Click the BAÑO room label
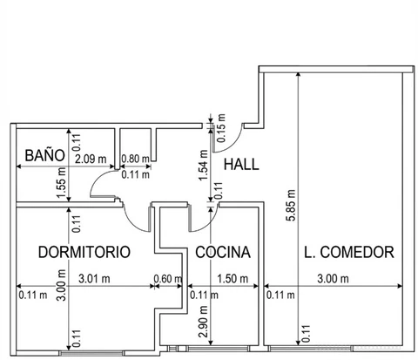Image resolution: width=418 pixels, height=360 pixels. (x=44, y=155)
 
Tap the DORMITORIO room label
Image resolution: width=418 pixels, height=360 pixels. (x=84, y=252)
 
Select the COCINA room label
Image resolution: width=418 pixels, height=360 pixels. (x=223, y=252)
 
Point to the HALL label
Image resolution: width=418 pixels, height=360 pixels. (x=241, y=164)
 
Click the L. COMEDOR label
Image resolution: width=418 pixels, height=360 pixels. (x=349, y=252)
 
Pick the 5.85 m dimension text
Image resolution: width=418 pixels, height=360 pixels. (x=291, y=206)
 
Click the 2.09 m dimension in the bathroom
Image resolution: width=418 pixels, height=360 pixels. (x=91, y=160)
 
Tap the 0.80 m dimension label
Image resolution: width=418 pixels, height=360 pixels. (x=135, y=159)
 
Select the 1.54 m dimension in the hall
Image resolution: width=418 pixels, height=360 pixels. (x=204, y=165)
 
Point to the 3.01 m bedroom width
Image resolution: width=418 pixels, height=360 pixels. (x=94, y=279)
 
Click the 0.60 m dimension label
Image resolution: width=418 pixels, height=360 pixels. (x=168, y=279)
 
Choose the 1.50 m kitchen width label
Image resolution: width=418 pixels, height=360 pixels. (x=233, y=279)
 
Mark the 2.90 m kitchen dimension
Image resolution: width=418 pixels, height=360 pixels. (x=204, y=322)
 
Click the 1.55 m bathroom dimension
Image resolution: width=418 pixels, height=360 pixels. (x=62, y=183)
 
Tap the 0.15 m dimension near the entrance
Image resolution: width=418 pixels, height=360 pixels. (x=221, y=128)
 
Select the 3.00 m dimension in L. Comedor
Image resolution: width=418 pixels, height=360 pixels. (x=333, y=279)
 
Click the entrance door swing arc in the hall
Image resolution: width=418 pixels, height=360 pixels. (x=234, y=144)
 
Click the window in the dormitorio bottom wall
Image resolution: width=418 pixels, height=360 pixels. (x=91, y=353)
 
